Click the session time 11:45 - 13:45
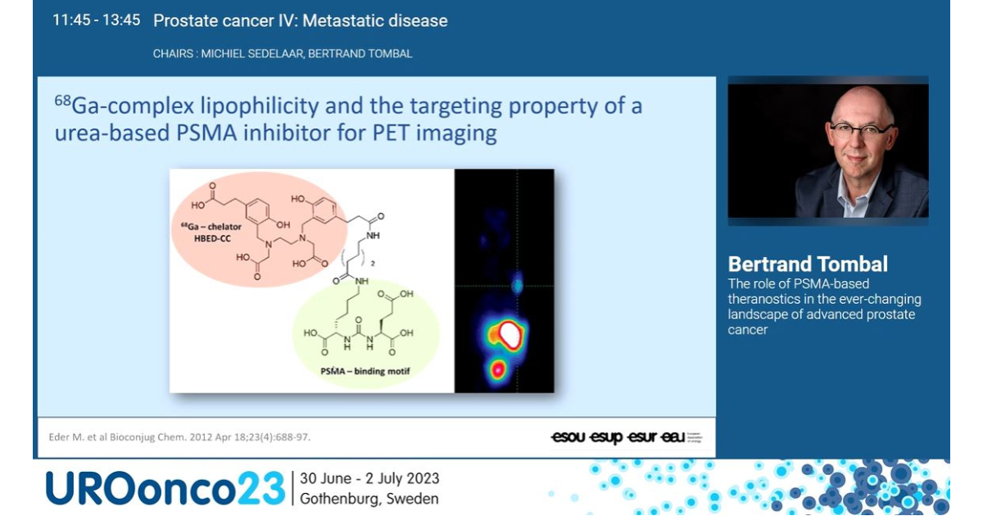(96, 20)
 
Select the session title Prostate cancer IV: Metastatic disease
(300, 21)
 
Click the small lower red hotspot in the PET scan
(496, 369)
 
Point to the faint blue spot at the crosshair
(517, 286)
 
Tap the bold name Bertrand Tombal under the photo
(808, 265)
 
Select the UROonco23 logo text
(164, 488)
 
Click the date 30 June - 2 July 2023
(369, 478)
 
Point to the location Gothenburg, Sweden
(369, 499)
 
